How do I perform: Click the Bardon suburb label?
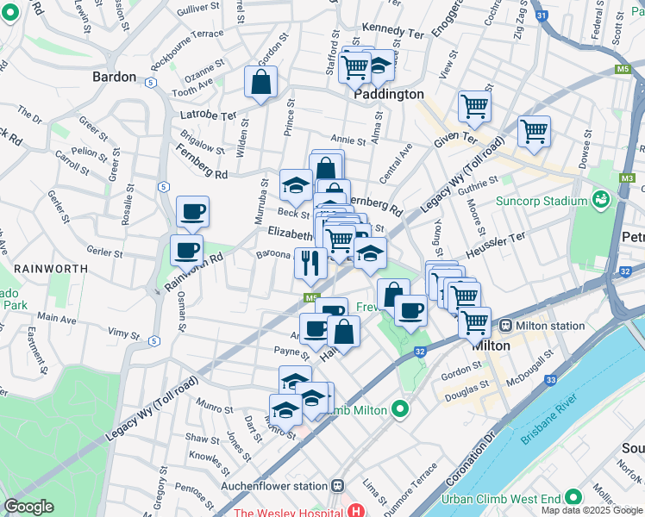(114, 77)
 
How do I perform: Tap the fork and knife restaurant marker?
(310, 263)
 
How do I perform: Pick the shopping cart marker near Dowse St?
(534, 132)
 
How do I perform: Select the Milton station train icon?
(505, 326)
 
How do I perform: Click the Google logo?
(28, 507)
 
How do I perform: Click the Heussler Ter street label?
(495, 244)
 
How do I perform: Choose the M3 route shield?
(626, 178)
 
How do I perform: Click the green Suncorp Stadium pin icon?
(601, 201)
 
